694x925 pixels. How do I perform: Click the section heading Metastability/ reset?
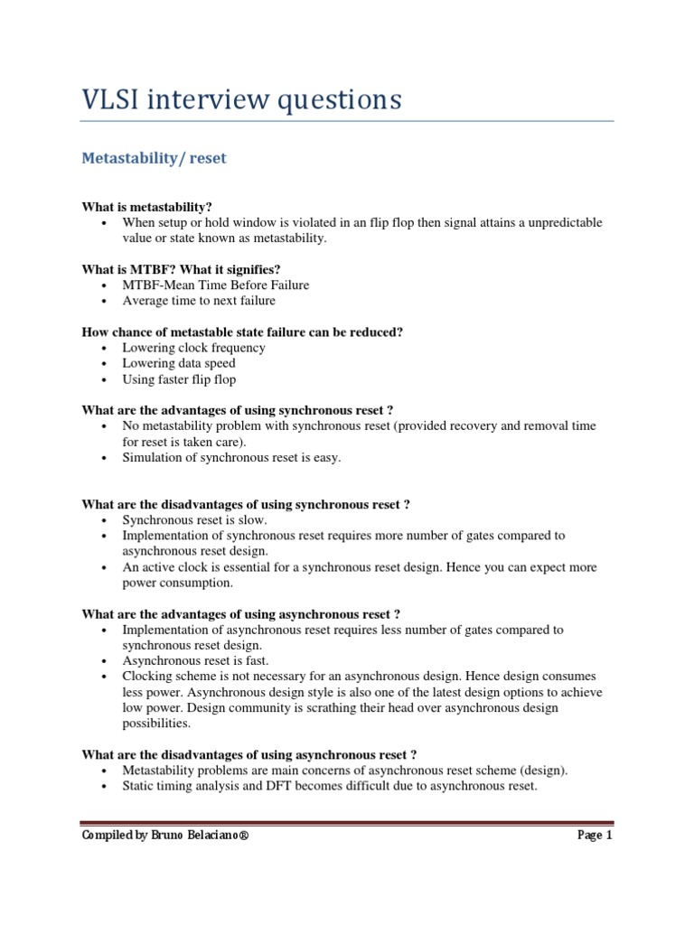coord(154,158)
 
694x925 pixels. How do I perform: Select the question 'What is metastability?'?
coord(146,206)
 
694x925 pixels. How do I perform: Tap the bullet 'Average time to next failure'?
coord(199,301)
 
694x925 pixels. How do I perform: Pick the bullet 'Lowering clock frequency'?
coord(193,348)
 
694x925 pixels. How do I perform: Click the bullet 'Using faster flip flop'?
coord(179,379)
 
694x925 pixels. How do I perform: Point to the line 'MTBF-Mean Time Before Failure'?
coord(216,285)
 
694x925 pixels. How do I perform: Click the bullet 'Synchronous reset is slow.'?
coord(195,520)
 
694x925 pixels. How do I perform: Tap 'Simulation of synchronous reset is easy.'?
coord(232,458)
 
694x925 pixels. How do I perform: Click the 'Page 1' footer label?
coord(595,836)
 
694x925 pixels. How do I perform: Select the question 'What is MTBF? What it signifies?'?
coord(182,269)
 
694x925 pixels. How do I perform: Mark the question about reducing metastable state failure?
coord(242,332)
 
